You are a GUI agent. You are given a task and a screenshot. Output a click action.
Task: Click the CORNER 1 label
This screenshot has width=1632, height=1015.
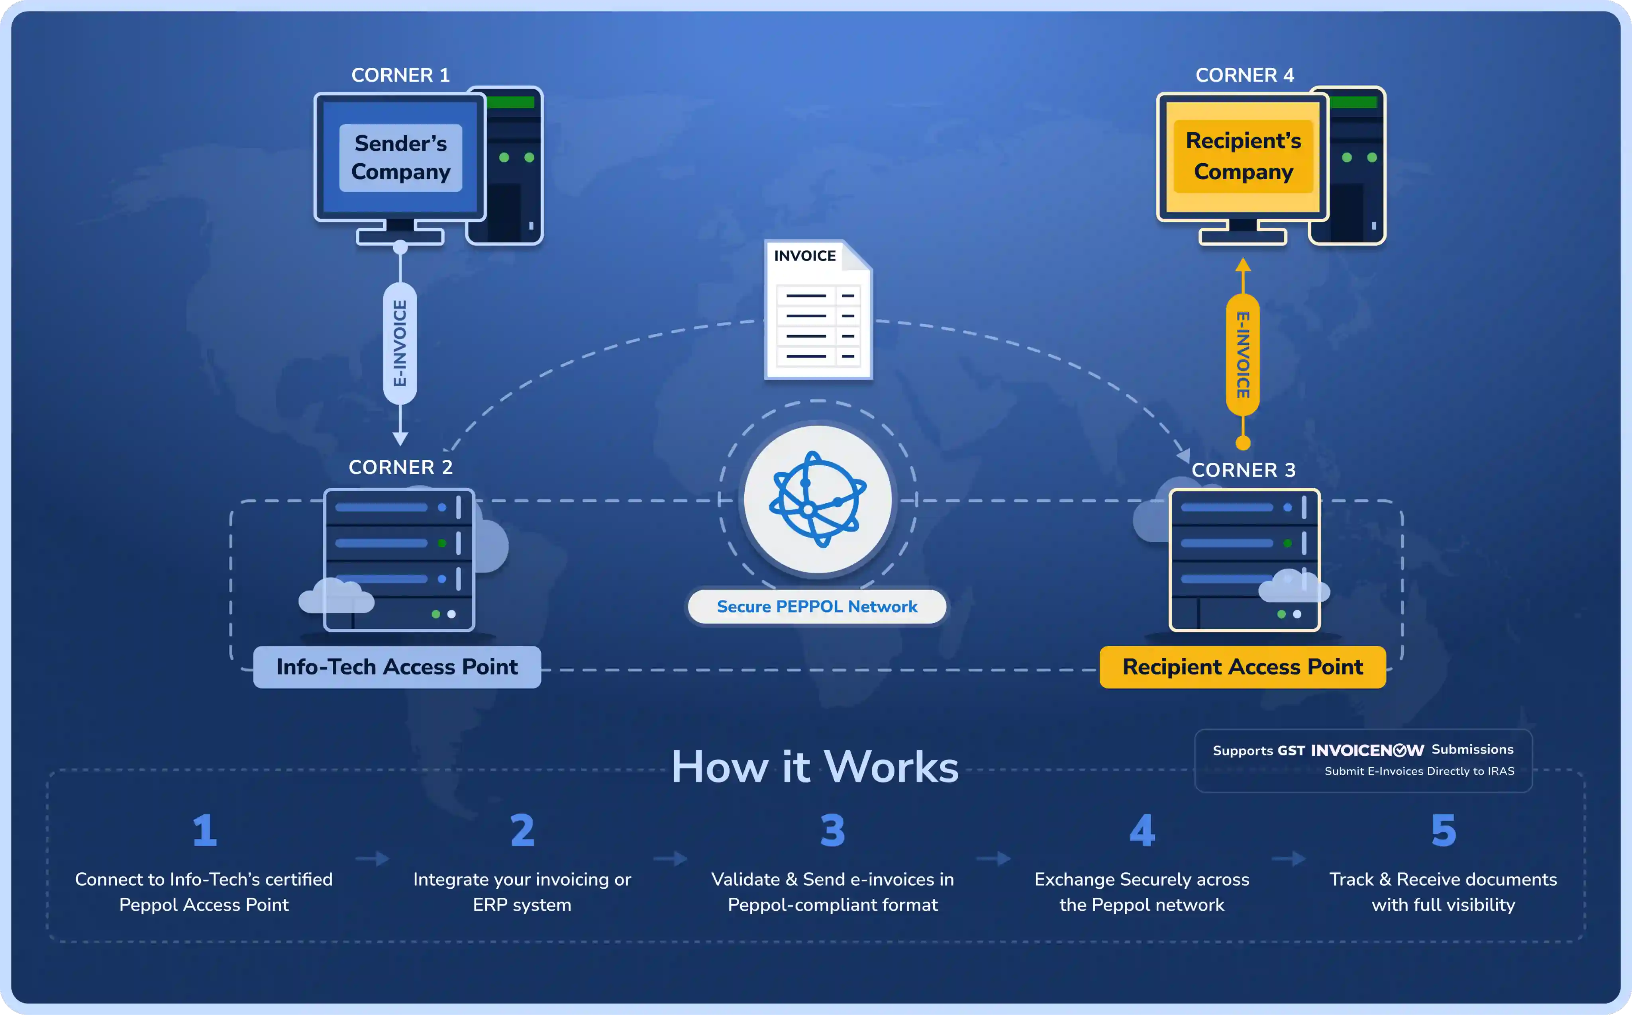(x=400, y=75)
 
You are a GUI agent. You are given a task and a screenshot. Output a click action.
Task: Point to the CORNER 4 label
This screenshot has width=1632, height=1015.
(x=1244, y=75)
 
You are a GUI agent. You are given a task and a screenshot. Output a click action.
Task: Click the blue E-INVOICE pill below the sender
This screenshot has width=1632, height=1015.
(x=400, y=343)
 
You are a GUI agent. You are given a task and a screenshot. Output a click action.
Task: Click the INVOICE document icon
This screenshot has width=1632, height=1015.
(x=818, y=310)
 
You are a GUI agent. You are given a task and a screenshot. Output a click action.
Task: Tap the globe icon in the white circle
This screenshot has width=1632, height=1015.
(x=817, y=499)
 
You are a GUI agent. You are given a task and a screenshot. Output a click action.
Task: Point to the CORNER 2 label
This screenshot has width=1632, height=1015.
(x=400, y=467)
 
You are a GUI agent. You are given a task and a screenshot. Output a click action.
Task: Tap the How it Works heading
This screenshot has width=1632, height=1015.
(x=815, y=767)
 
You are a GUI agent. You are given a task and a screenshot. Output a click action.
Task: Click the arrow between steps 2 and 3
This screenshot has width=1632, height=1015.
(x=670, y=859)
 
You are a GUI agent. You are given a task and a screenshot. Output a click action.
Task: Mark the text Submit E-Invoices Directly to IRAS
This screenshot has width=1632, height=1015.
(x=1419, y=771)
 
